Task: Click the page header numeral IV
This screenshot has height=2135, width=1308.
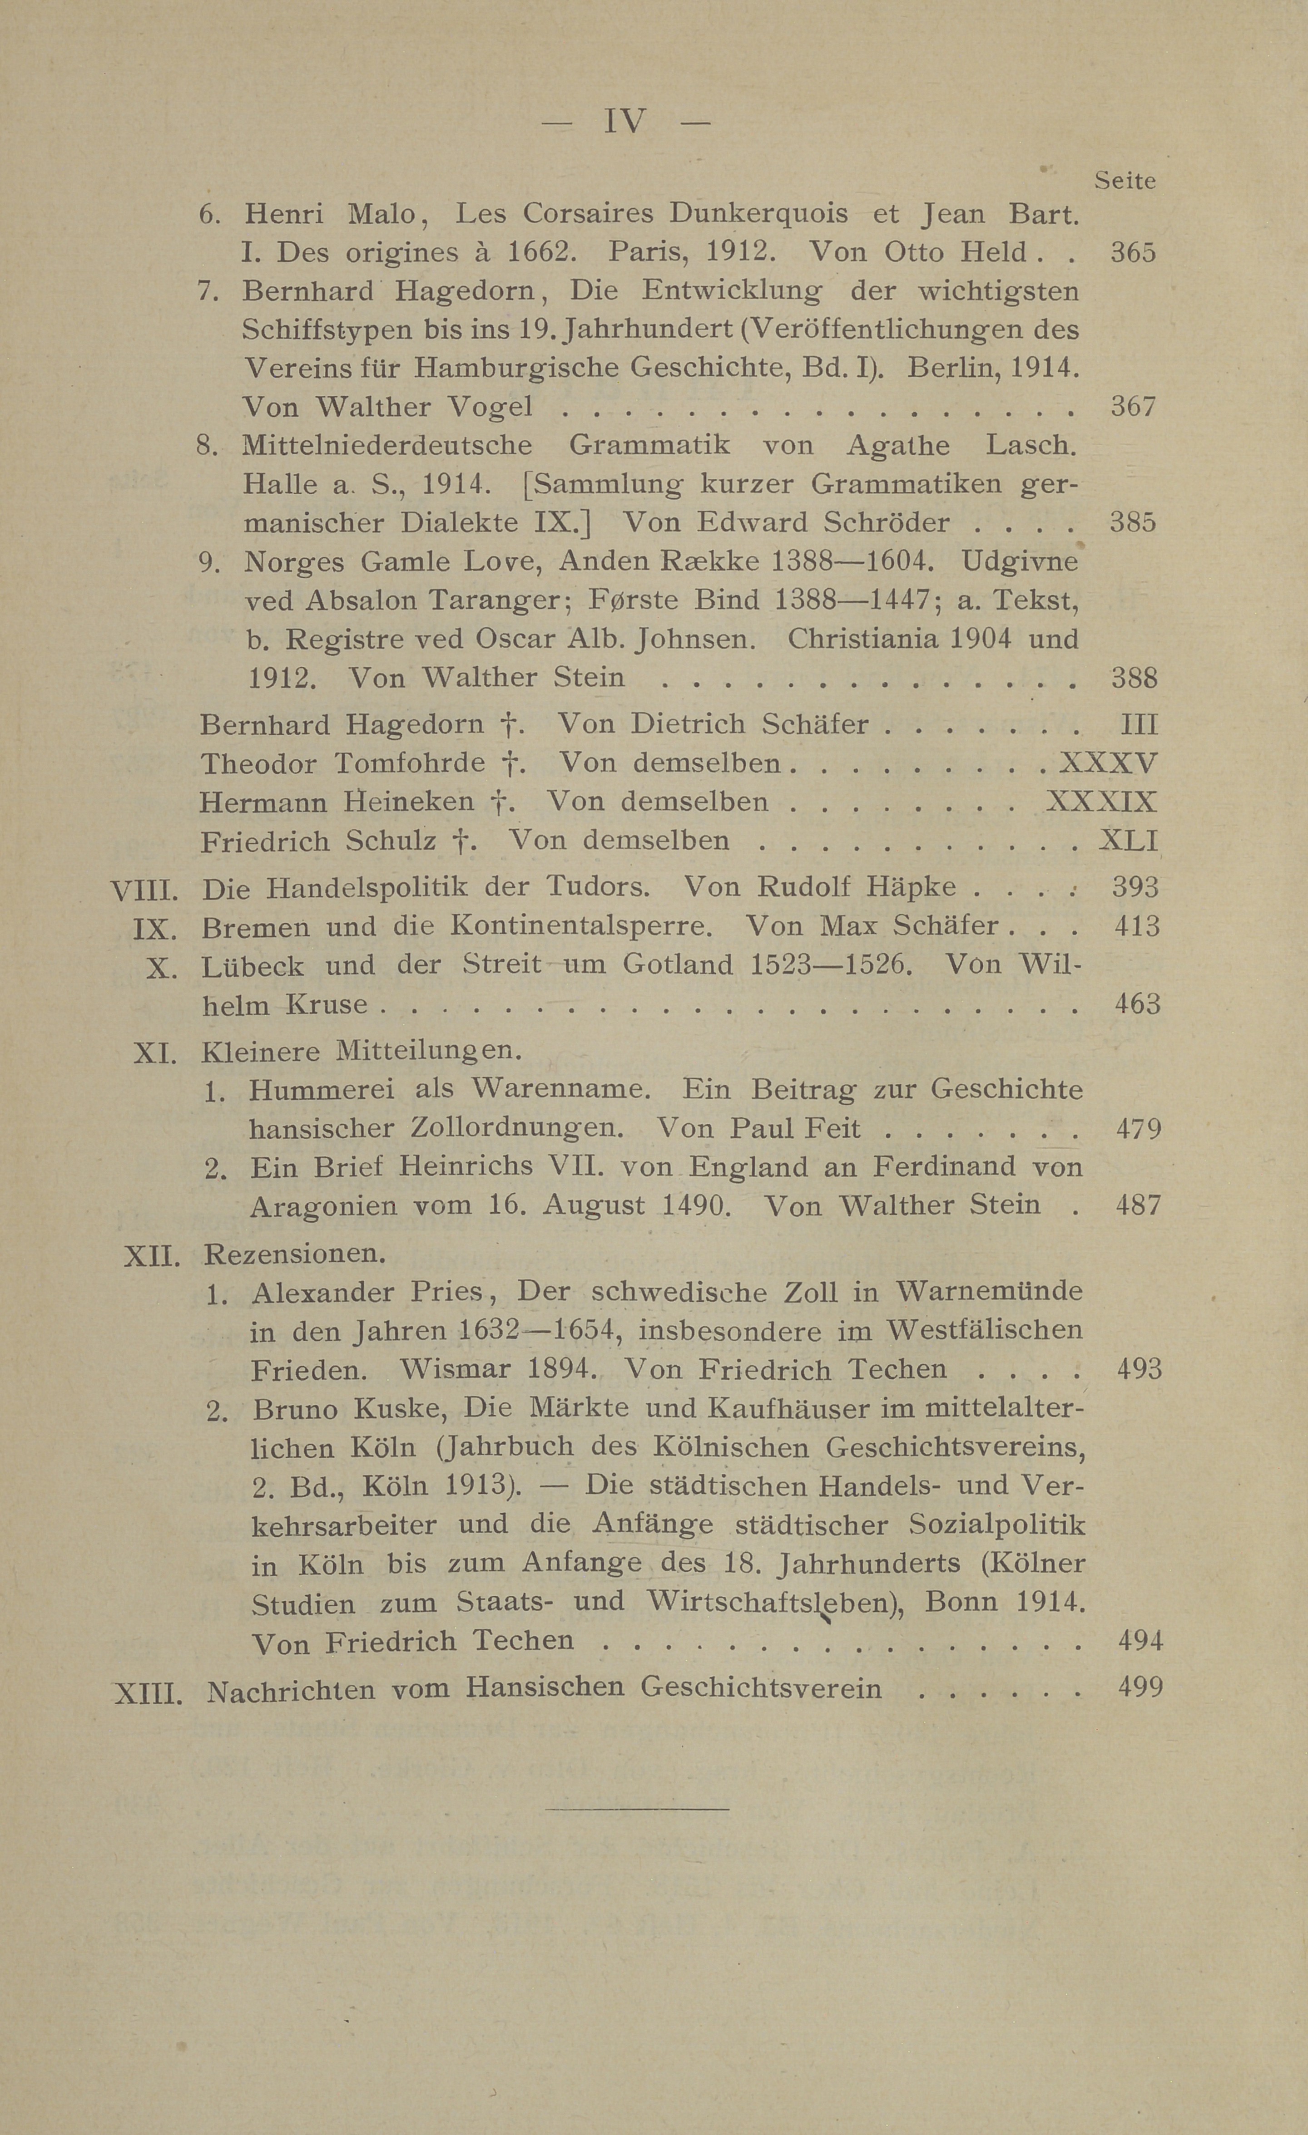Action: [625, 122]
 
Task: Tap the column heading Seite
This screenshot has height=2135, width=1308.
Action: [1125, 181]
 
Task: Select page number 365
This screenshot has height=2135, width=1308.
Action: [1133, 252]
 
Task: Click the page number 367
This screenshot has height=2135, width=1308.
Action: [1133, 406]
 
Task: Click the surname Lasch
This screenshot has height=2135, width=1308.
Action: [1031, 445]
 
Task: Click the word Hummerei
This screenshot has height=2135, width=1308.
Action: [321, 1089]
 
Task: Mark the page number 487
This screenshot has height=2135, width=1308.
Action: [1137, 1205]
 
